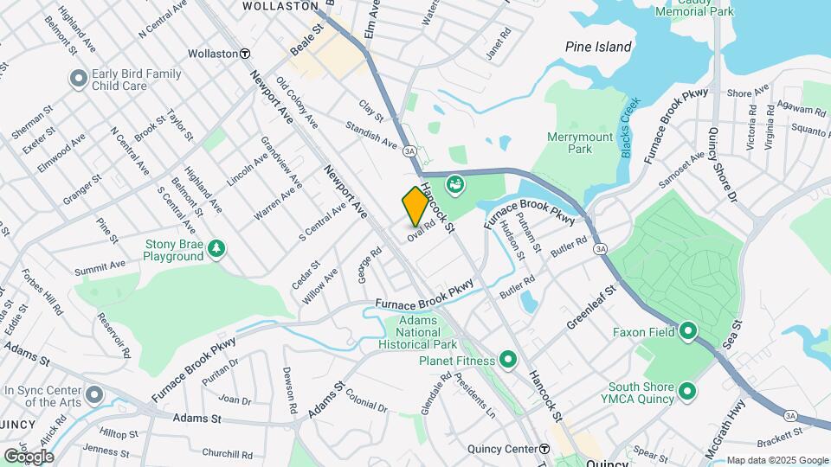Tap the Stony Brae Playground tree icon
pos(216,250)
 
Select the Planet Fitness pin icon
pos(507,360)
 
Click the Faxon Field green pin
pos(688,331)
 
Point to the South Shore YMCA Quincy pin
pos(688,393)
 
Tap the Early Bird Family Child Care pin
pos(79,80)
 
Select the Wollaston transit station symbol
pos(246,54)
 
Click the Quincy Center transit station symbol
pos(544,449)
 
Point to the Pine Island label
pos(598,47)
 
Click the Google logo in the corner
pos(29,456)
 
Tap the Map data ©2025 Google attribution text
pos(776,460)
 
